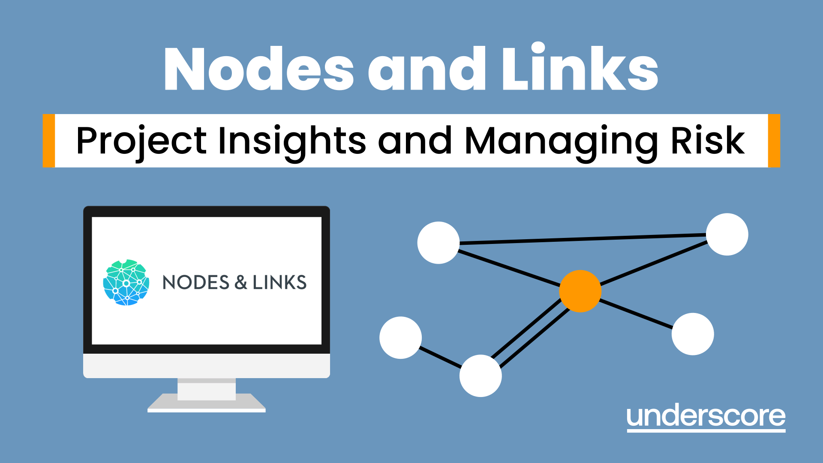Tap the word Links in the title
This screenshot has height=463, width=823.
pos(580,69)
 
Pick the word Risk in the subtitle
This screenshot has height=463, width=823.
pos(708,141)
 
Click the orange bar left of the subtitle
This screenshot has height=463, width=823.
pos(49,141)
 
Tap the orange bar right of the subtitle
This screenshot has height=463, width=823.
pos(774,141)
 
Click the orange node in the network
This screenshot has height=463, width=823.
pos(580,291)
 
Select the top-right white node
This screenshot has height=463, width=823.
pos(727,235)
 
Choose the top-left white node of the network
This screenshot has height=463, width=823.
pos(439,243)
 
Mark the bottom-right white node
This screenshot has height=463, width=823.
pos(693,334)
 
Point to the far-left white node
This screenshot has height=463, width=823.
pos(401,338)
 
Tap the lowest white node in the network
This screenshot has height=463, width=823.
pos(481,376)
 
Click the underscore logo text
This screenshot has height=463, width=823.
pos(706,417)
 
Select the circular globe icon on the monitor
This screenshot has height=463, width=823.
pos(126,283)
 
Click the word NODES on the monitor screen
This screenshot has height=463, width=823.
pos(196,283)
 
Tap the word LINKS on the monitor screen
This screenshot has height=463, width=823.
pos(279,283)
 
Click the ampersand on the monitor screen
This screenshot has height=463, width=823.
pos(241,283)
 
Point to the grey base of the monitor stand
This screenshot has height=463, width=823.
pos(207,403)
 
